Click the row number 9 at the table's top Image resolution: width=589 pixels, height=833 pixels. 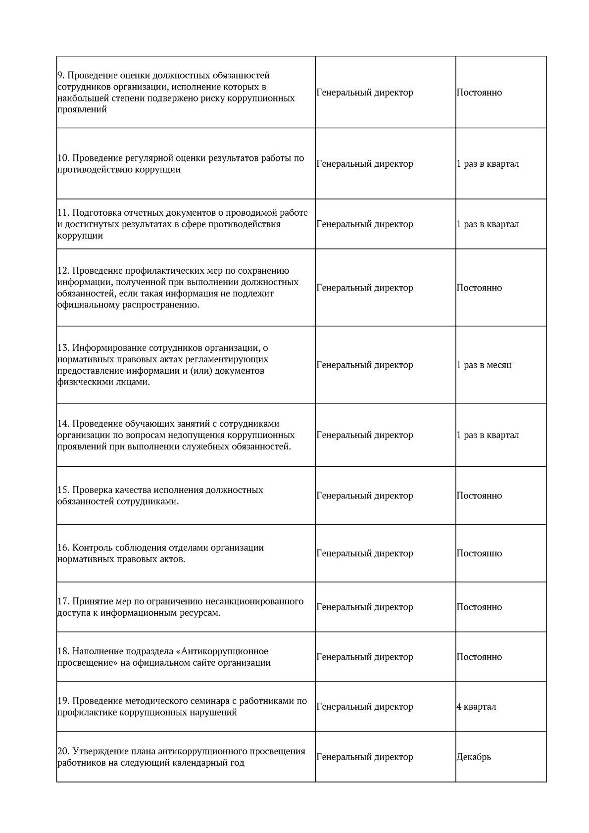[60, 76]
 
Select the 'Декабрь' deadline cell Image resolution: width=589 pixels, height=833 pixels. [474, 757]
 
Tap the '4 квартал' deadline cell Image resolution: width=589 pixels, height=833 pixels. [476, 706]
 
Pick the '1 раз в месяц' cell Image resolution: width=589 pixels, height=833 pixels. [484, 365]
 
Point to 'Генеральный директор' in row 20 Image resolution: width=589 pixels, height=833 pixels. [364, 757]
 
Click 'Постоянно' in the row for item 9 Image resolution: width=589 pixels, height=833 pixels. [479, 93]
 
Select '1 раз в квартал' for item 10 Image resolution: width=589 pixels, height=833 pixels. [488, 164]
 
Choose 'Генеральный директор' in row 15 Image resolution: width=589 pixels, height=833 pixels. [364, 495]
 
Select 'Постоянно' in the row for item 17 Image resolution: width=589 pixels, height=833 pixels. [479, 607]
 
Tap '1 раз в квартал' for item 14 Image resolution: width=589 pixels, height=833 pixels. [488, 435]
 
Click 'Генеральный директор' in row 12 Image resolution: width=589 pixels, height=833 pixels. [364, 288]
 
